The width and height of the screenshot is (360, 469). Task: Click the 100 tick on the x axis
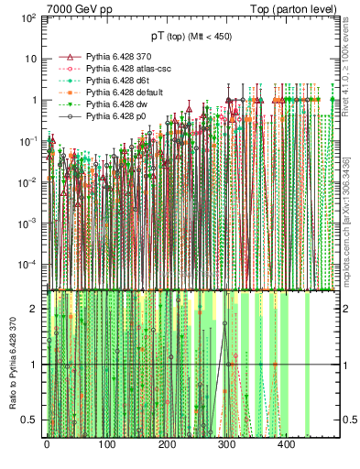pyautogui.click(x=106, y=444)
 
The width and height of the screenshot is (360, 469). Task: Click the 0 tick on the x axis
pyautogui.click(x=47, y=444)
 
